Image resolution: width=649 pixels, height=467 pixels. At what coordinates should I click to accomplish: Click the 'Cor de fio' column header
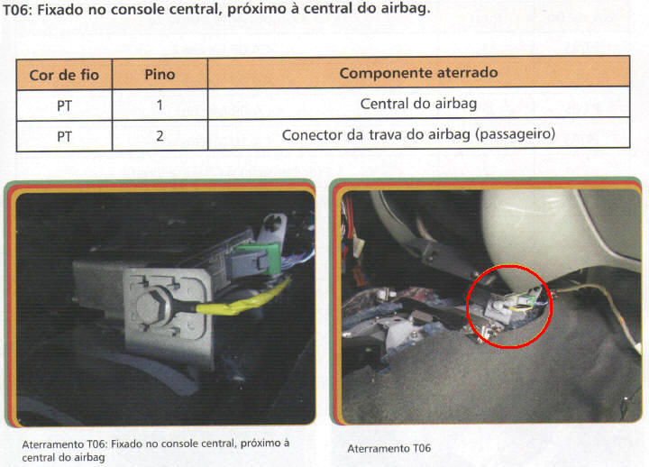click(64, 75)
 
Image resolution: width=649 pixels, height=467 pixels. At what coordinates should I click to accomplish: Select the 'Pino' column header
click(160, 75)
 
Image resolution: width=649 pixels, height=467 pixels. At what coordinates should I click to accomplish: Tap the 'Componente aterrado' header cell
click(418, 73)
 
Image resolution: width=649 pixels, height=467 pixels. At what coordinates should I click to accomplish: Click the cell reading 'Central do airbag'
click(418, 104)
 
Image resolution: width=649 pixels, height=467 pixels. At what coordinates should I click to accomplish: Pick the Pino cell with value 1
click(160, 105)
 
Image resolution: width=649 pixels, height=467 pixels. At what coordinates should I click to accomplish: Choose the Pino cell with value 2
click(160, 136)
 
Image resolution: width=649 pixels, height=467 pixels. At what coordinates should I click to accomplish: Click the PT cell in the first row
click(64, 106)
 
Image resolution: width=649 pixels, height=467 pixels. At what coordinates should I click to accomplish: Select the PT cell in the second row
click(64, 137)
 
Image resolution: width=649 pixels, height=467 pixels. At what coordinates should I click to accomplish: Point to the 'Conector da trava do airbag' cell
click(418, 134)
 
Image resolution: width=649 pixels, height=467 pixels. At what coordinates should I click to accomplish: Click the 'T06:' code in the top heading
click(17, 10)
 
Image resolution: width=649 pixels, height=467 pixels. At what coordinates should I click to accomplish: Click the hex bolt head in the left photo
click(152, 305)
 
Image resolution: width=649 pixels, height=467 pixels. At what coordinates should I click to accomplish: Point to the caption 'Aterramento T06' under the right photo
click(389, 448)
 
